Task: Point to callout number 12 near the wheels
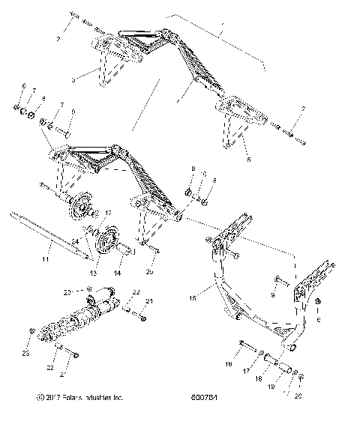(x=107, y=214)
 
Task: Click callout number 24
(x=76, y=240)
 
